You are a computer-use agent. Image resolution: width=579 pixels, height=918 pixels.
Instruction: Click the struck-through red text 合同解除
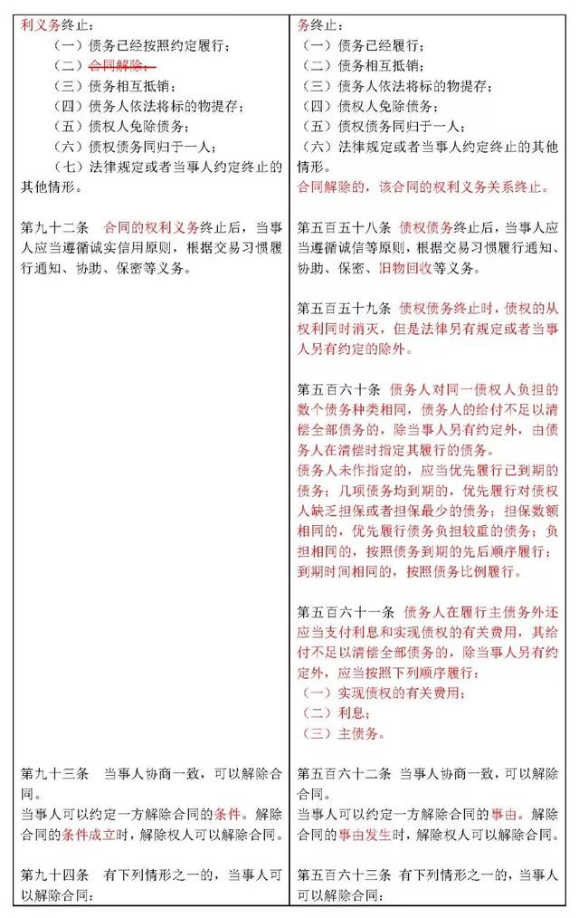[x=123, y=65]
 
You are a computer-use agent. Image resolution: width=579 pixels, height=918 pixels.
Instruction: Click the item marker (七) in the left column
[x=70, y=166]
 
